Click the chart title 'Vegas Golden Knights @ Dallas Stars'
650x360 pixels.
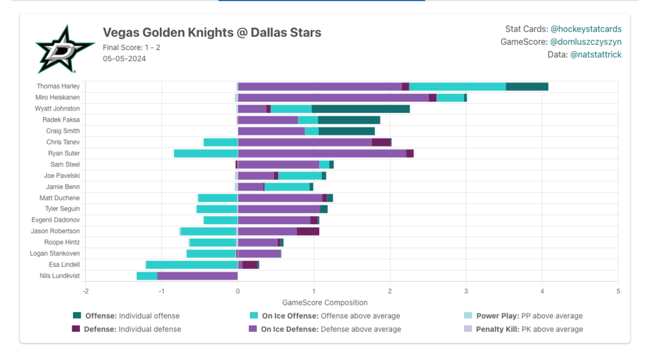point(212,32)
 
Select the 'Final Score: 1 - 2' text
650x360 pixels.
point(131,47)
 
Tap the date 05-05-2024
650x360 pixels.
point(124,58)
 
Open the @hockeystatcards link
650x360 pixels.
point(586,29)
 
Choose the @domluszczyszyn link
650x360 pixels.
point(586,42)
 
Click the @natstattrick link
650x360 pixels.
point(595,55)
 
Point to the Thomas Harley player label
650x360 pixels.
point(58,86)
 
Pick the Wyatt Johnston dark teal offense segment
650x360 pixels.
point(360,109)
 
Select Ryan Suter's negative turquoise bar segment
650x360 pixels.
point(205,153)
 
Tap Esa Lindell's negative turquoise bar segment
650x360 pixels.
point(192,264)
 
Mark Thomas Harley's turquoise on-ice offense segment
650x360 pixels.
point(457,86)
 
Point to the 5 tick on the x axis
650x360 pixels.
point(617,291)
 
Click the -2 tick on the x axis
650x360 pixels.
point(85,291)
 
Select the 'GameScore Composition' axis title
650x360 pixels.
point(324,302)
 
